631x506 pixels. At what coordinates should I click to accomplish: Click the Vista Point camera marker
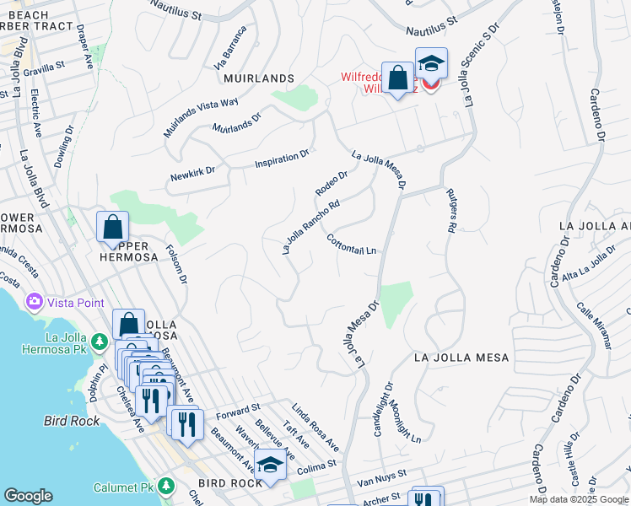tap(35, 302)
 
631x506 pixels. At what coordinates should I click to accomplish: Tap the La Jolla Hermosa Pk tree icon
tap(100, 342)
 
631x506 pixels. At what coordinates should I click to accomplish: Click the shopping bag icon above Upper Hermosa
tap(112, 227)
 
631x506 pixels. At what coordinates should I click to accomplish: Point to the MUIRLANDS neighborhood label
tap(258, 78)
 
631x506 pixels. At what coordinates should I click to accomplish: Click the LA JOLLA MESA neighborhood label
tap(461, 358)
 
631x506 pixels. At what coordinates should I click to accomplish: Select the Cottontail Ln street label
tap(350, 245)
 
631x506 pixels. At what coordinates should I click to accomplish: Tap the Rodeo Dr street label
tap(332, 183)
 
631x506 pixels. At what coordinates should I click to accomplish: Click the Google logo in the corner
tap(27, 496)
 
